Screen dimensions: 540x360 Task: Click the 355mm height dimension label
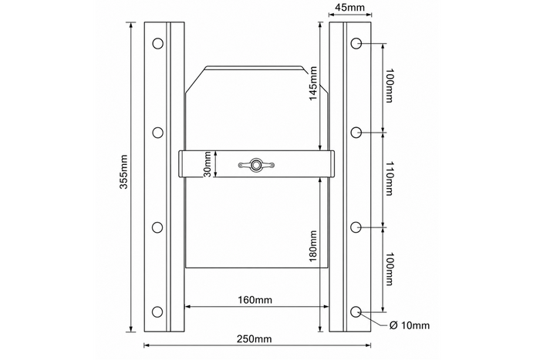[x=123, y=172]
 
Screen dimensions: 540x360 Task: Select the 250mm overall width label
[x=254, y=339]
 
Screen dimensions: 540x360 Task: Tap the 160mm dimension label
[x=255, y=300]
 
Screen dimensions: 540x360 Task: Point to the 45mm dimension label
[x=350, y=7]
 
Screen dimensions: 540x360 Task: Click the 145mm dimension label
[x=313, y=83]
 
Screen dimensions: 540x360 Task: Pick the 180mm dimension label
[x=313, y=246]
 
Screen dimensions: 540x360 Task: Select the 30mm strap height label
[x=208, y=164]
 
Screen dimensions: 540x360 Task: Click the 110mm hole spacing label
[x=389, y=179]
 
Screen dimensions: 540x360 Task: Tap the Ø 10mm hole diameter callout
[x=410, y=325]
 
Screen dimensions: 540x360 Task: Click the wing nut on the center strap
[x=256, y=165]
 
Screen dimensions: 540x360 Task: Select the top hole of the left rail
[x=157, y=44]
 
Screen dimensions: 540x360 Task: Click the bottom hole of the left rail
[x=157, y=311]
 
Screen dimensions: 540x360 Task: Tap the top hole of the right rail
[x=356, y=44]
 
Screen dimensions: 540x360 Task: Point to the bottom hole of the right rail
[x=356, y=311]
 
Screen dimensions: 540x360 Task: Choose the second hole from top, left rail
[x=157, y=133]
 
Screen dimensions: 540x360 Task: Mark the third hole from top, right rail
[x=356, y=227]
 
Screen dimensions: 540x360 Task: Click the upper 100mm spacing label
[x=389, y=86]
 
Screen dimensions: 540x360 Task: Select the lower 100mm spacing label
[x=389, y=269]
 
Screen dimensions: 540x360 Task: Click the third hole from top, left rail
[x=157, y=227]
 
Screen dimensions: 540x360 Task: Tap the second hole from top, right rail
[x=356, y=133]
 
